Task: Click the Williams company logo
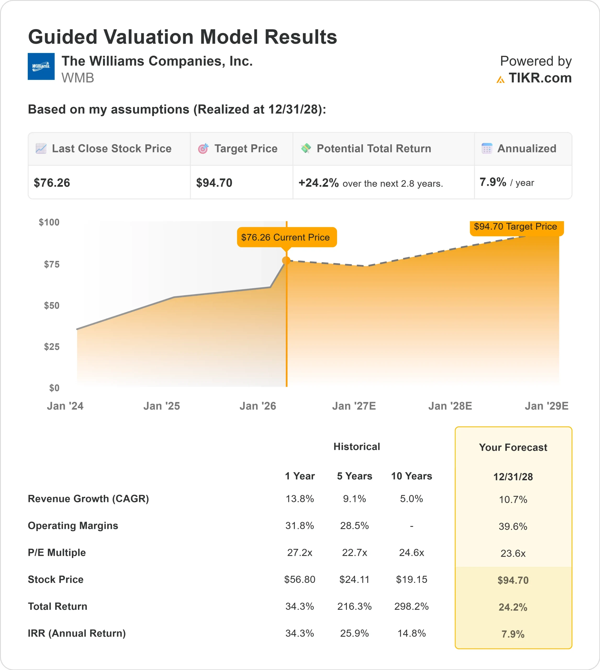coord(41,66)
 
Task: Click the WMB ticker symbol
coord(77,78)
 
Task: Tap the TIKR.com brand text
coord(540,78)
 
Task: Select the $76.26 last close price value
coord(52,183)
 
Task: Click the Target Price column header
coord(246,149)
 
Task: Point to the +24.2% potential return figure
coord(318,183)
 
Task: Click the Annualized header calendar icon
coord(487,148)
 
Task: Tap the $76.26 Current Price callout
coord(287,237)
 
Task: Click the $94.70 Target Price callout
coord(516,227)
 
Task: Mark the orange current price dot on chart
coord(286,260)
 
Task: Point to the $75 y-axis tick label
coord(52,264)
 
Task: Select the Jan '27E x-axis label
coord(354,406)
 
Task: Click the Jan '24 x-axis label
coord(65,406)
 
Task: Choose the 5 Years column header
coord(354,476)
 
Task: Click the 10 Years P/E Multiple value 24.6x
coord(411,552)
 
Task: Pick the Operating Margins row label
coord(73,526)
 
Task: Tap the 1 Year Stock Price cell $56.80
coord(299,579)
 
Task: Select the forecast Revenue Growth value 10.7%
coord(513,500)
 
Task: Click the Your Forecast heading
coord(513,448)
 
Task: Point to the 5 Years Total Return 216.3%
coord(354,606)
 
